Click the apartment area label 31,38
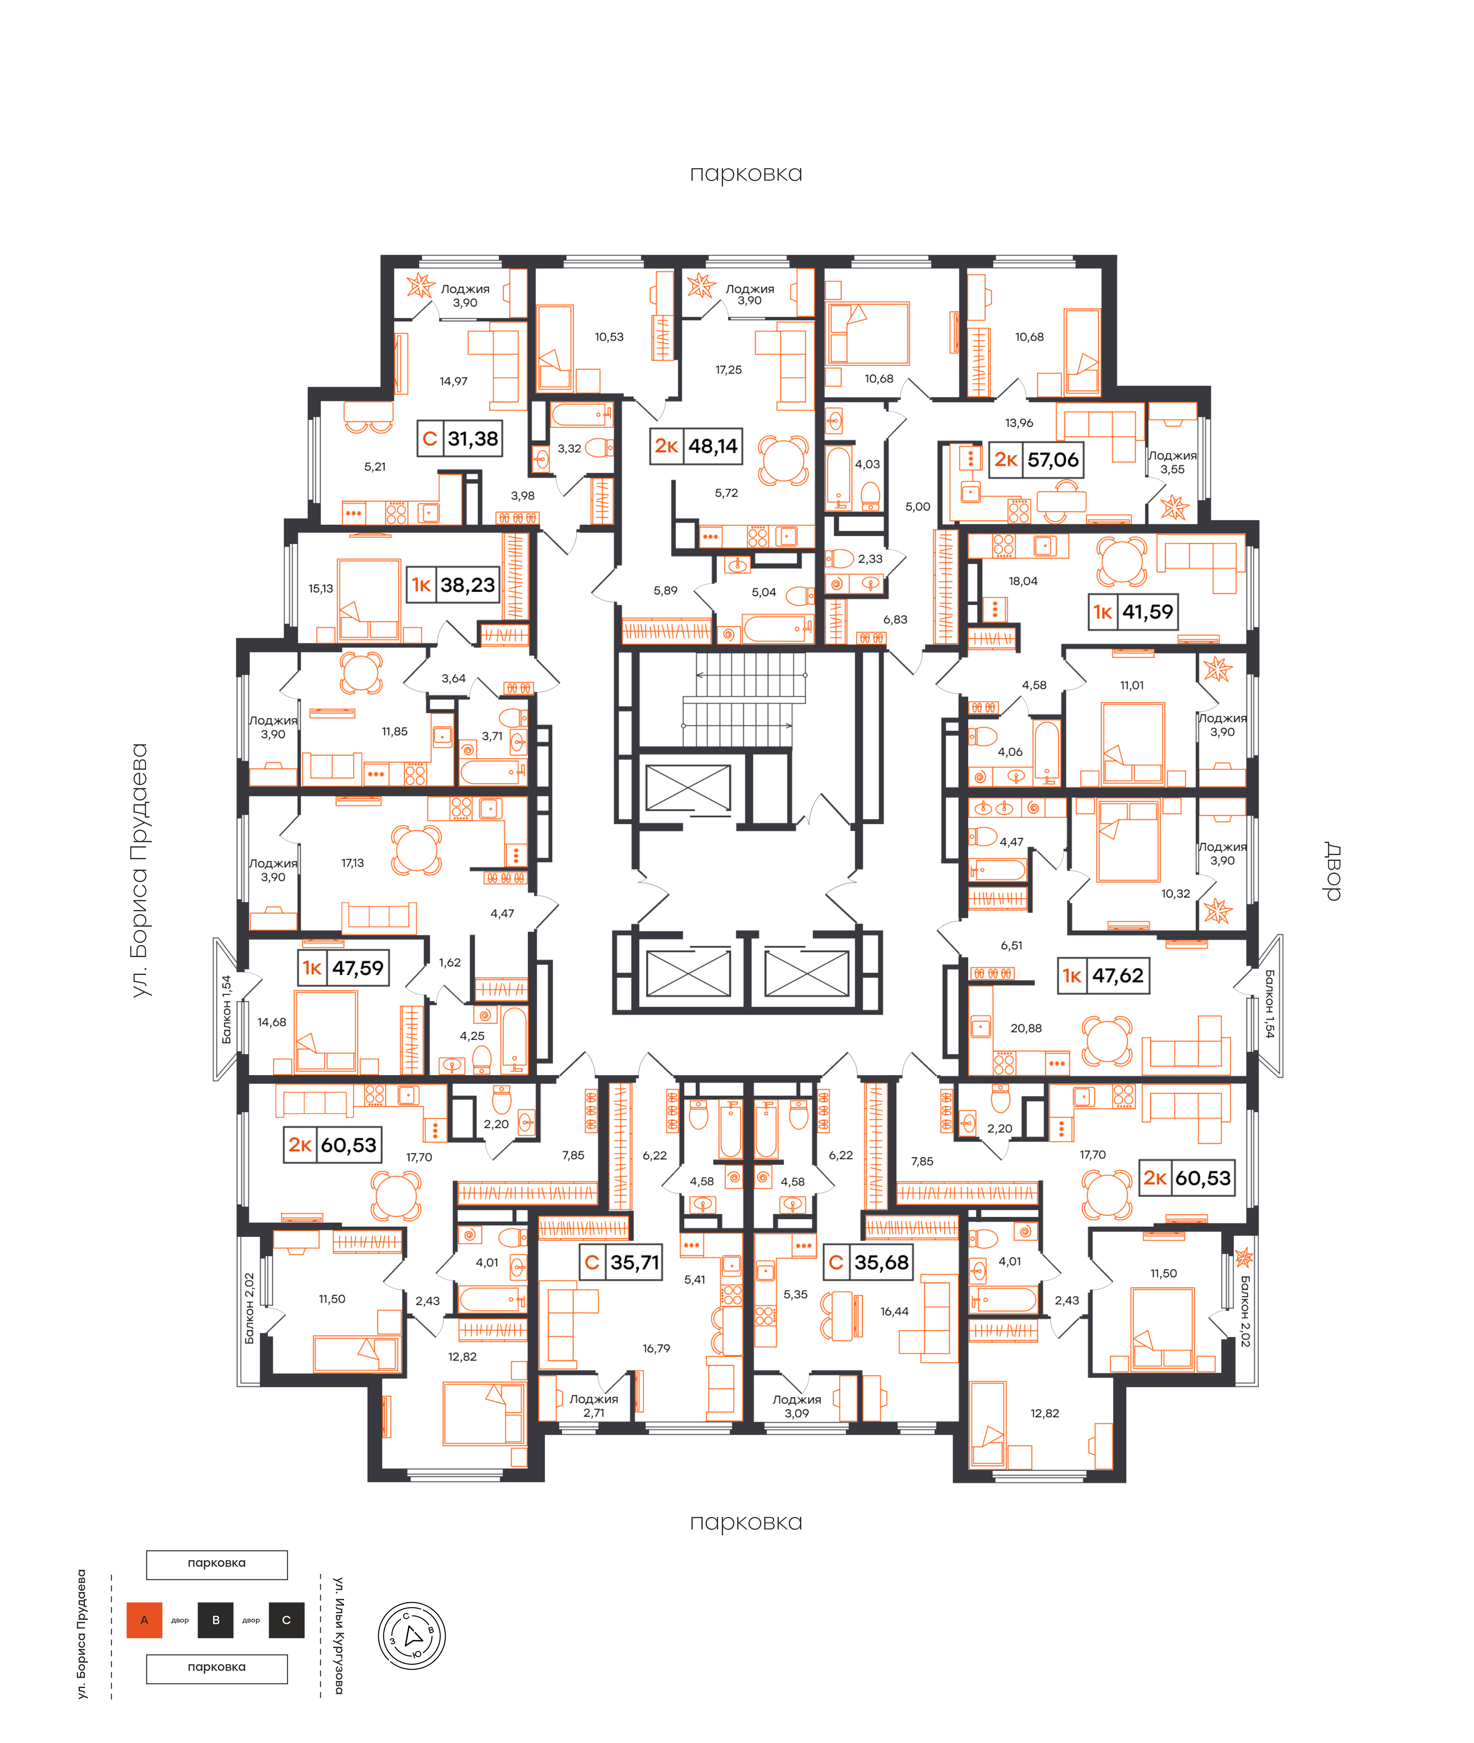473,439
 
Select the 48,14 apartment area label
713,446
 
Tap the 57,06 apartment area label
1053,460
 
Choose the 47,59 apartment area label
358,968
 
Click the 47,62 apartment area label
1118,976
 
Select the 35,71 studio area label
635,1262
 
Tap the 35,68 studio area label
882,1262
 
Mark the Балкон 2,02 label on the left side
249,1308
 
